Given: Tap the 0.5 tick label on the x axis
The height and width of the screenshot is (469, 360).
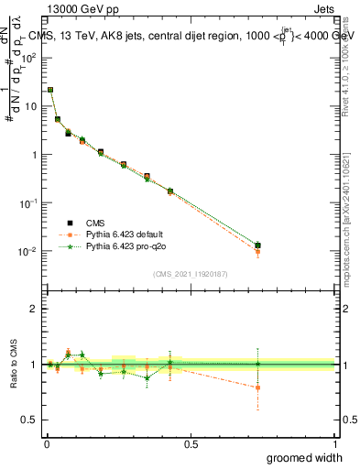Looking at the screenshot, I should [190, 444].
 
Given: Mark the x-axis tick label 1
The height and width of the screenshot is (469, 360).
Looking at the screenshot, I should [335, 444].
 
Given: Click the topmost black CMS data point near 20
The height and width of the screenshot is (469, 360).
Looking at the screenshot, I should [49, 90].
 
